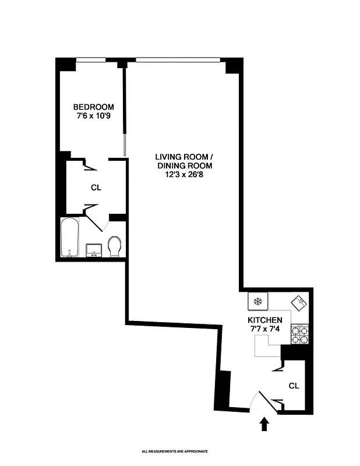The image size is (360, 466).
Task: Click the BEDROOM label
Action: click(x=93, y=107)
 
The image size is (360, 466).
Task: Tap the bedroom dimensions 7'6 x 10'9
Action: click(x=93, y=116)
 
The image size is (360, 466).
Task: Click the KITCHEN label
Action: click(x=265, y=320)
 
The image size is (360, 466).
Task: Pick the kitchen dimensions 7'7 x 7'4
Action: click(x=265, y=330)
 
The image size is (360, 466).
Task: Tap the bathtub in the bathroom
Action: click(x=70, y=238)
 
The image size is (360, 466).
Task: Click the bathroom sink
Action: click(x=93, y=250)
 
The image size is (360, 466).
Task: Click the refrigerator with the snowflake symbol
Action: click(x=257, y=302)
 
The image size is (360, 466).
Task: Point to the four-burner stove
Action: click(x=299, y=334)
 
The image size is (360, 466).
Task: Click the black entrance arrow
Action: click(x=266, y=423)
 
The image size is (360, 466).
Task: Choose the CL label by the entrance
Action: click(x=294, y=386)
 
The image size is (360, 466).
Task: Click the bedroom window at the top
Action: click(x=91, y=59)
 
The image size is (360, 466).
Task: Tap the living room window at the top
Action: click(x=178, y=59)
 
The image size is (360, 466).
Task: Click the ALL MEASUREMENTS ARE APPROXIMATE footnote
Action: click(x=175, y=451)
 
